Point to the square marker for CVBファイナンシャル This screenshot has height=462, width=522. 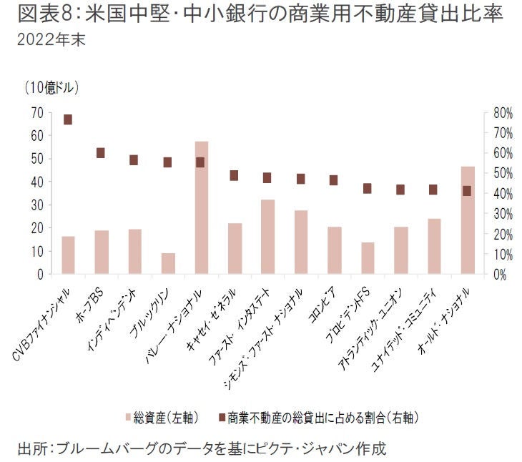[x=68, y=119]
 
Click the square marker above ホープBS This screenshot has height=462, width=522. [x=101, y=152]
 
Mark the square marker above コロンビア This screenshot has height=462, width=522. [x=334, y=180]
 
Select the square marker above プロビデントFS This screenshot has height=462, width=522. [x=367, y=188]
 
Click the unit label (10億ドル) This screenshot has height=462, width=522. [x=51, y=89]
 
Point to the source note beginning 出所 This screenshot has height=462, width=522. [x=201, y=448]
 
